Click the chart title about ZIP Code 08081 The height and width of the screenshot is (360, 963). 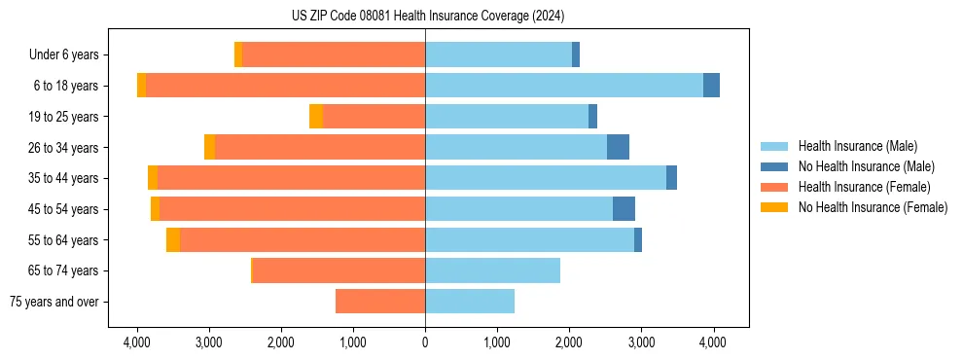coord(427,16)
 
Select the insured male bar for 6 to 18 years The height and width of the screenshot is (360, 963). coord(564,86)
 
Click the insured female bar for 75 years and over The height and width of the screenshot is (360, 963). coord(380,302)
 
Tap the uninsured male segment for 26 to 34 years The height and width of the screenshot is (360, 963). coord(618,147)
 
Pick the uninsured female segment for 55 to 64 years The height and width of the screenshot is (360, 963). coord(173,240)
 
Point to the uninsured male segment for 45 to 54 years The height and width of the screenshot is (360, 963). coord(624,209)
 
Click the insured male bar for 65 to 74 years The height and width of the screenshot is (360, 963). coord(492,270)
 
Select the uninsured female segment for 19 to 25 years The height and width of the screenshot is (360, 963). coord(316,117)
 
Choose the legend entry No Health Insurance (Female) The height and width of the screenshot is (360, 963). coord(873,207)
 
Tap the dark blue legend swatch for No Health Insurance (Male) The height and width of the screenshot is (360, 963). coord(774,166)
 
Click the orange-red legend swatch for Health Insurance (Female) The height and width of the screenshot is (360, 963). coord(774,187)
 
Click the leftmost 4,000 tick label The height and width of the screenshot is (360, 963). coord(137,342)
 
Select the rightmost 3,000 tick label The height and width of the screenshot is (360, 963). coord(641,342)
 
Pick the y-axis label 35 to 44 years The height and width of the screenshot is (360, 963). coord(65,178)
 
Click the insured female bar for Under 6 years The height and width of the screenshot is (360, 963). coord(334,54)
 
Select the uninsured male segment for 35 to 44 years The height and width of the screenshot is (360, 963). coord(671,178)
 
